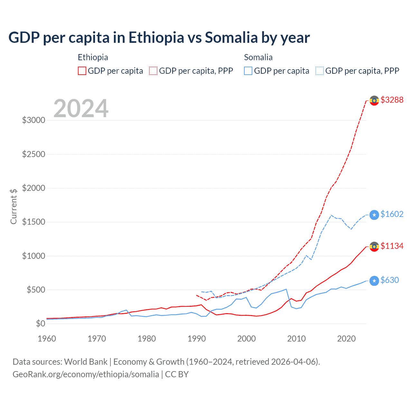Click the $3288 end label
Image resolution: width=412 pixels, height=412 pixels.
click(x=392, y=100)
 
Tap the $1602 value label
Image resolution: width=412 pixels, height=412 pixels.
click(x=392, y=214)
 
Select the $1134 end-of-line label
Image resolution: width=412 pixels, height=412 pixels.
click(x=392, y=246)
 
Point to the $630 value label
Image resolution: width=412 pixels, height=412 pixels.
click(x=389, y=280)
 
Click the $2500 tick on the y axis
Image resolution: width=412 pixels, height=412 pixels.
click(x=33, y=154)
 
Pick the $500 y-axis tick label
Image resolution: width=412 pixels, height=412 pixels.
click(x=36, y=290)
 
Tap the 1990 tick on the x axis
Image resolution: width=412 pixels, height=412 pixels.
click(x=197, y=339)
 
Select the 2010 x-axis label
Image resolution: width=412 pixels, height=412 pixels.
click(x=296, y=339)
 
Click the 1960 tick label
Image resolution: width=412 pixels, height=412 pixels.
click(x=47, y=339)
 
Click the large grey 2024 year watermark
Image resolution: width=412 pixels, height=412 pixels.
click(x=81, y=108)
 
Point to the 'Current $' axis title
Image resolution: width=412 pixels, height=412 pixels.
click(x=14, y=206)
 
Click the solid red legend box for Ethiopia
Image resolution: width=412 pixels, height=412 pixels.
click(x=82, y=71)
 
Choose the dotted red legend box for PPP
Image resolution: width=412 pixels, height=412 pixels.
click(x=153, y=71)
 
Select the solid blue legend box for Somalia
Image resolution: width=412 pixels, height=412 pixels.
click(x=248, y=71)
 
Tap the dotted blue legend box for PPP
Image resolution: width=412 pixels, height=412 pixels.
click(x=320, y=71)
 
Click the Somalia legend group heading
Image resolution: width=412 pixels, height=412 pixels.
click(x=258, y=57)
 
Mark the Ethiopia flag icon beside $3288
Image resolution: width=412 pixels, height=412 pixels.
click(x=374, y=100)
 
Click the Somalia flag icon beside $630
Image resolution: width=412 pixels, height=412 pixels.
click(x=374, y=281)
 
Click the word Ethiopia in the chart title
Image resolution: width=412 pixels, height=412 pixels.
click(x=156, y=37)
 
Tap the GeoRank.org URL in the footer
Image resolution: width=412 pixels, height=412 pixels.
click(x=86, y=374)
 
